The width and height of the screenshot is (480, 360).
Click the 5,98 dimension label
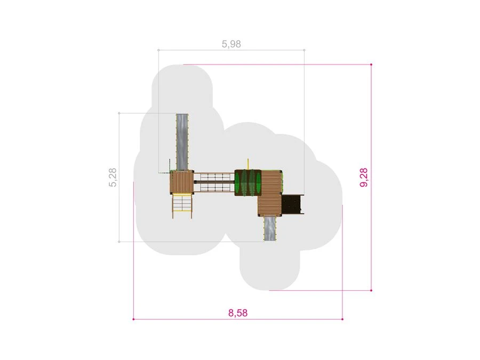click(x=231, y=44)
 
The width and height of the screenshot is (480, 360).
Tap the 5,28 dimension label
click(x=113, y=177)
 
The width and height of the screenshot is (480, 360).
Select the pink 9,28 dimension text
click(x=364, y=177)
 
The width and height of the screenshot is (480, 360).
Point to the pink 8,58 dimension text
click(x=238, y=313)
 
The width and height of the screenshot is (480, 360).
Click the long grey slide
click(x=182, y=142)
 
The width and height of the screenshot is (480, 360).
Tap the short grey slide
click(x=270, y=228)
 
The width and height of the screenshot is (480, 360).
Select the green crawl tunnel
click(x=248, y=182)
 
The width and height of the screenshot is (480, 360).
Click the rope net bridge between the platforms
click(x=214, y=182)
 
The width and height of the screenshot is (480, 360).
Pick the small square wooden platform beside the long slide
click(x=182, y=182)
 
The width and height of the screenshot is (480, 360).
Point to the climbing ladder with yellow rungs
click(x=182, y=206)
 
